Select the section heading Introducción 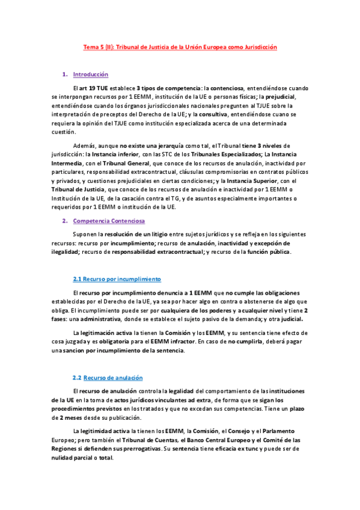coord(90,75)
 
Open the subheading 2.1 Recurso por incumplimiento coord(117,279)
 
